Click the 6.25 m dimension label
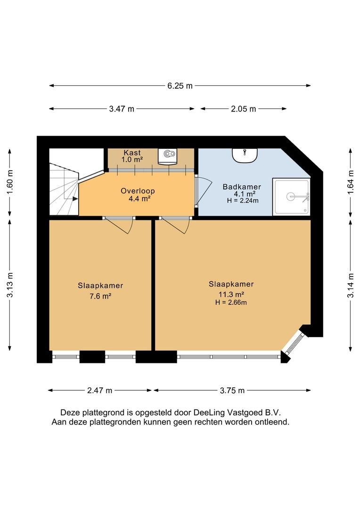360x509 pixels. [180, 86]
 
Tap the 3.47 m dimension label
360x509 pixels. [122, 109]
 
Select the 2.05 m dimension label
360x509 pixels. [244, 109]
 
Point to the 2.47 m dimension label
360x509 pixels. [99, 390]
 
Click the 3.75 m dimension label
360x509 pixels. [232, 390]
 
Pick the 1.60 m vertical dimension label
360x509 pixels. [10, 182]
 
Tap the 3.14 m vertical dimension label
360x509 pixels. [351, 286]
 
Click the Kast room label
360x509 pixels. [132, 152]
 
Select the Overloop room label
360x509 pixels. [138, 191]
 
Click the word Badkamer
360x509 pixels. [242, 187]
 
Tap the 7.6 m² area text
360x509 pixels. [100, 296]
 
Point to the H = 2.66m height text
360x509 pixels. [231, 303]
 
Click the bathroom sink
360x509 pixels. [245, 155]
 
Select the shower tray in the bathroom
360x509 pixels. [292, 197]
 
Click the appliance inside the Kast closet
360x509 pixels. [168, 156]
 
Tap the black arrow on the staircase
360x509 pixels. [75, 199]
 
